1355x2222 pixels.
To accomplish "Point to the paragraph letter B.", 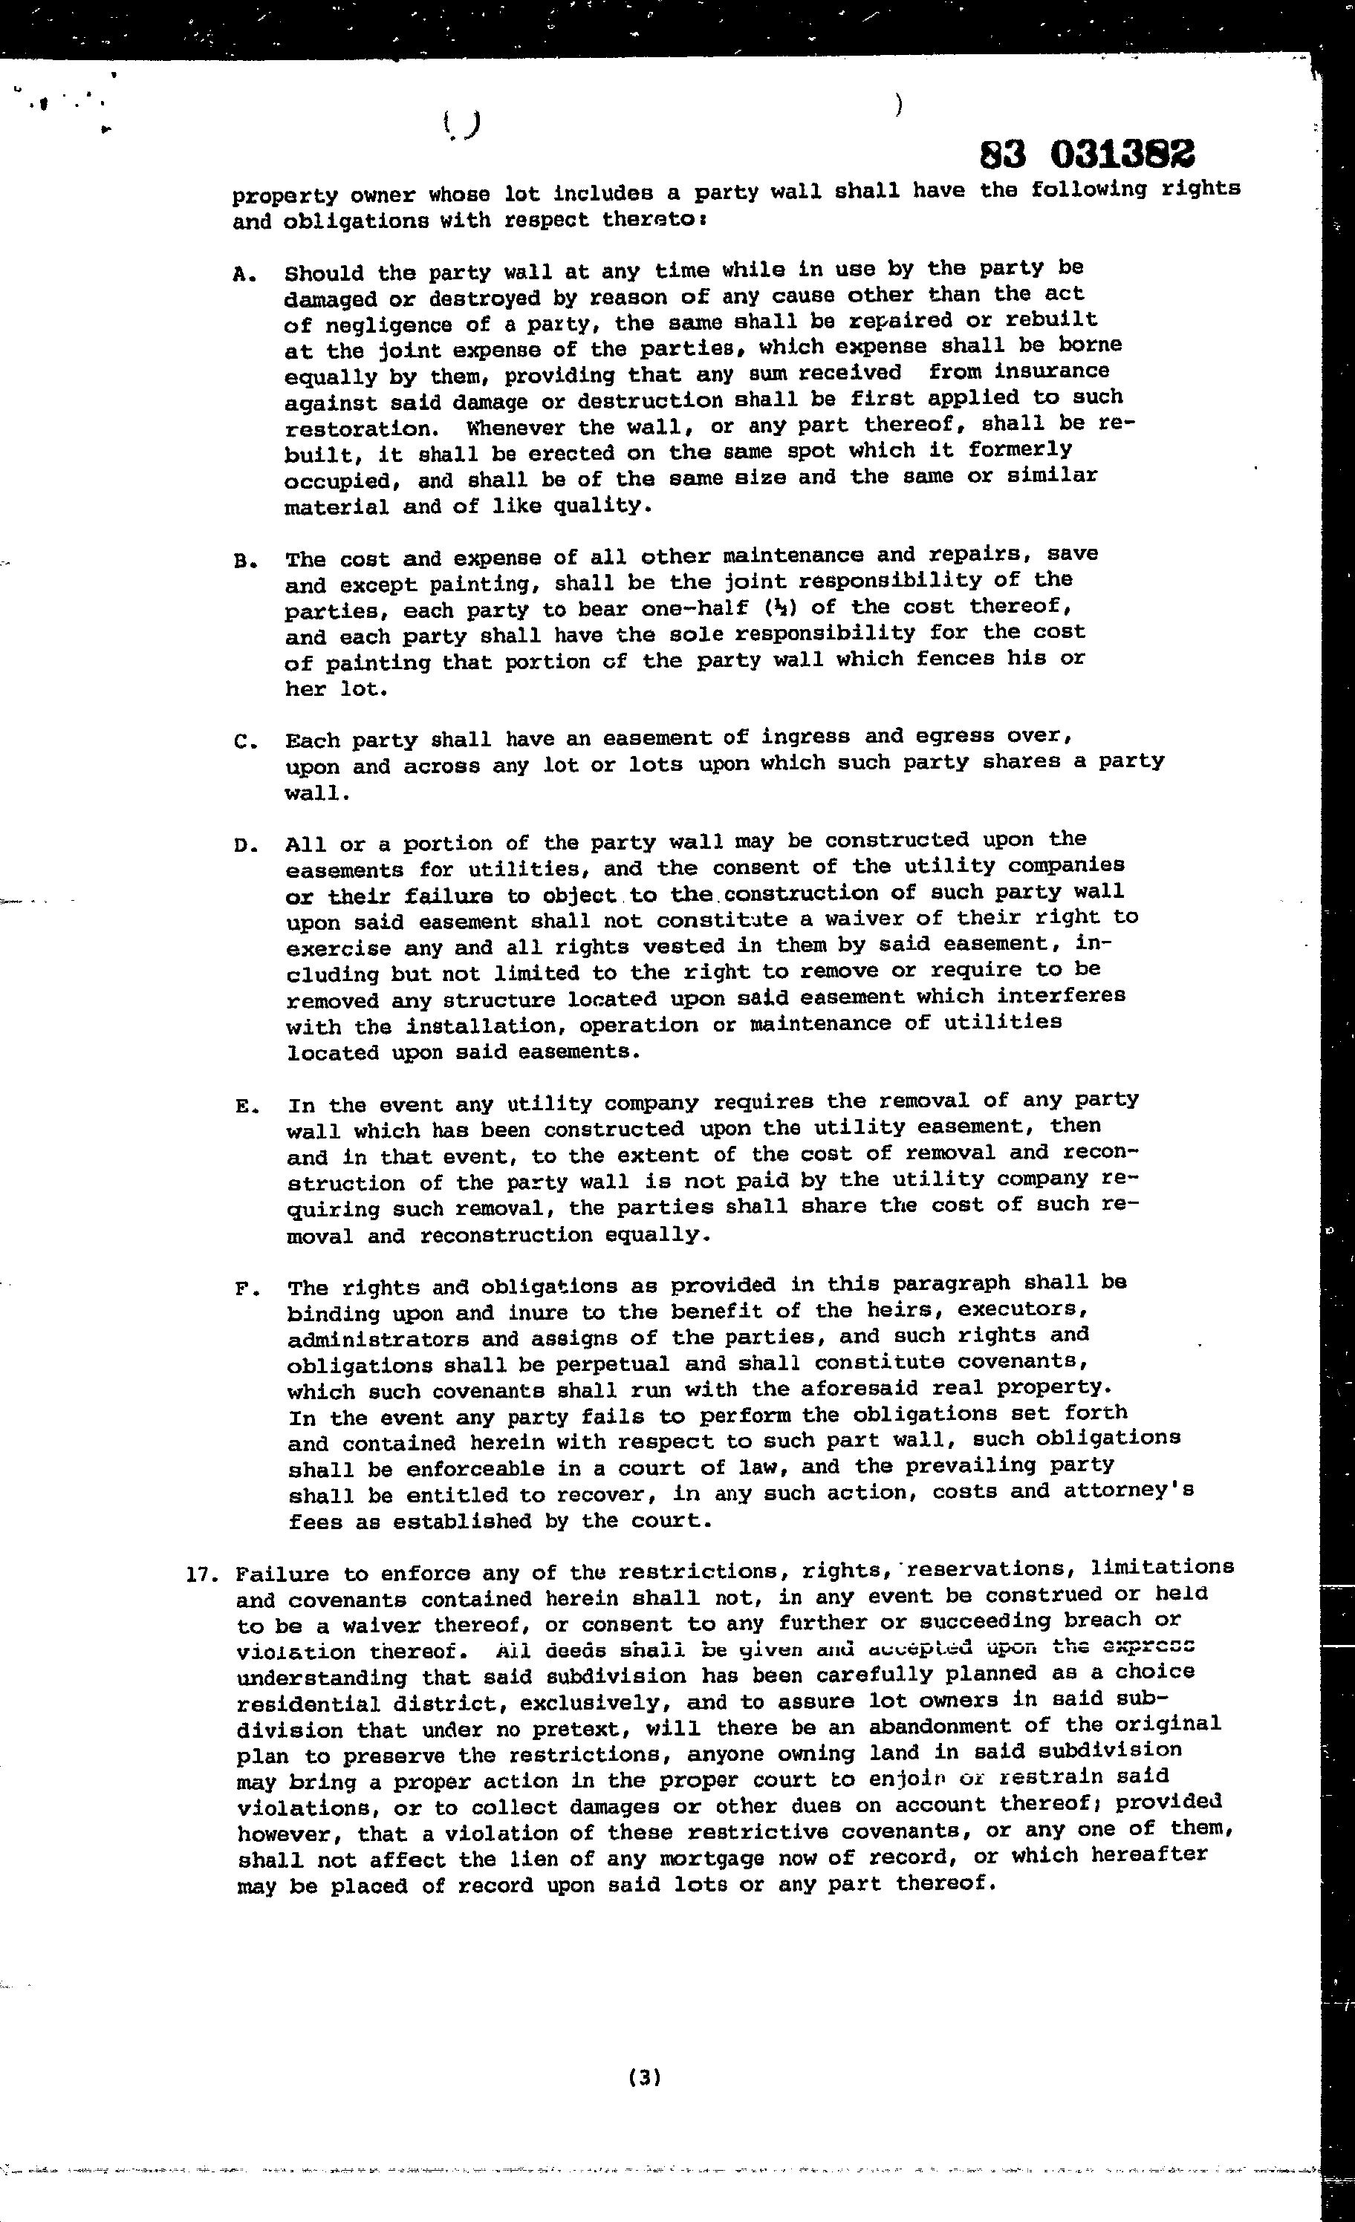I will (x=241, y=561).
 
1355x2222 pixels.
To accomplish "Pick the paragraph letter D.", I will (x=244, y=847).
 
